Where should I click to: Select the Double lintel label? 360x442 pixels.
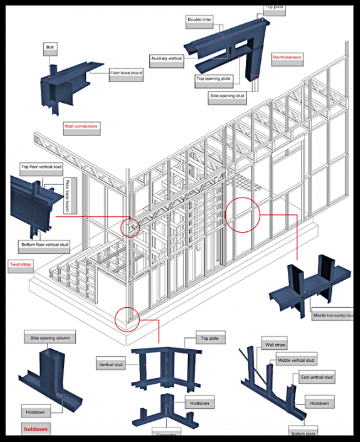tap(201, 20)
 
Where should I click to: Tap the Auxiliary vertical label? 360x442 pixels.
tap(167, 59)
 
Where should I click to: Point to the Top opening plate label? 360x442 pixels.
tap(214, 79)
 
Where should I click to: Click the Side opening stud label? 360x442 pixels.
tap(227, 97)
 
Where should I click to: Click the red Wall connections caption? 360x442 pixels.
tap(82, 126)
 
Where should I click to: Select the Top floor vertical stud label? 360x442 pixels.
tap(41, 167)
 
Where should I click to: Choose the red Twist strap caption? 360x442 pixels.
tap(21, 265)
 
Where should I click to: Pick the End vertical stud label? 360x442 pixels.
tap(316, 377)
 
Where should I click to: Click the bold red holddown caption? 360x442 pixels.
tap(35, 429)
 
